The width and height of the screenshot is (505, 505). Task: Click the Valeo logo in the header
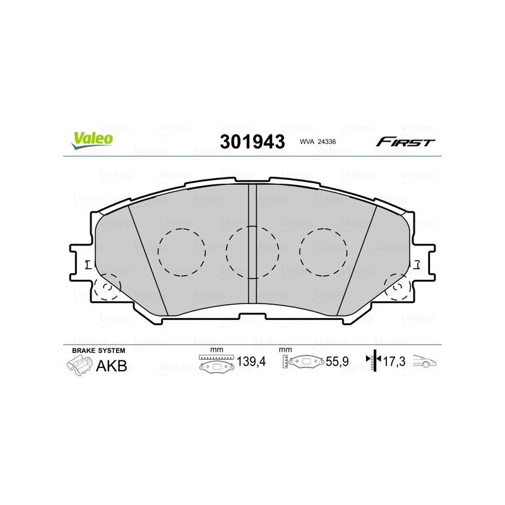pyautogui.click(x=92, y=140)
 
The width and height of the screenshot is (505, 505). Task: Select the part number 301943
pyautogui.click(x=252, y=141)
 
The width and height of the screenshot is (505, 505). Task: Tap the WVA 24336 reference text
pyautogui.click(x=318, y=141)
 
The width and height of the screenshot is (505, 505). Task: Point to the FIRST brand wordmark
pyautogui.click(x=405, y=141)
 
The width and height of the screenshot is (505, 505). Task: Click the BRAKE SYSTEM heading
pyautogui.click(x=98, y=350)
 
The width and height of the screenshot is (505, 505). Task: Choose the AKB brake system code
pyautogui.click(x=112, y=366)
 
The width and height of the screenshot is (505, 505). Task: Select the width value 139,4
pyautogui.click(x=251, y=362)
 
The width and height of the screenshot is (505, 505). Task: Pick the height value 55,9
pyautogui.click(x=337, y=362)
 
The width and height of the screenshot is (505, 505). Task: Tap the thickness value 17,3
pyautogui.click(x=394, y=362)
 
